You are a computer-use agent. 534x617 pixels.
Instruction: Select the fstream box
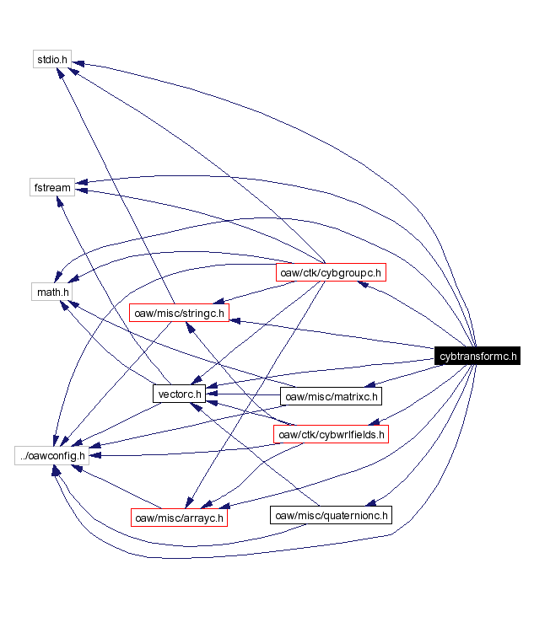pos(52,187)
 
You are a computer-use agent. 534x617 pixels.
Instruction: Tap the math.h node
pos(52,292)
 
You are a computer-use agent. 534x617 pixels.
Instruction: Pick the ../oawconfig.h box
pos(52,456)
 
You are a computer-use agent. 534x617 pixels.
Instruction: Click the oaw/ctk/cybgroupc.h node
pos(331,272)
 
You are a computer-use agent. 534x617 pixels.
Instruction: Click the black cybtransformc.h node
pos(477,357)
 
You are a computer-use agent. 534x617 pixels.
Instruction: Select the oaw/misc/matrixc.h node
pos(332,395)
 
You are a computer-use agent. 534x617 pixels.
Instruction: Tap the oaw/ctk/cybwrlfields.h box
pos(332,434)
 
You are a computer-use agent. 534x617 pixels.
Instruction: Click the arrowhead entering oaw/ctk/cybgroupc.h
pos(363,284)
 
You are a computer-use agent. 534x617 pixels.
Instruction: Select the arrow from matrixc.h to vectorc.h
pos(245,394)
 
